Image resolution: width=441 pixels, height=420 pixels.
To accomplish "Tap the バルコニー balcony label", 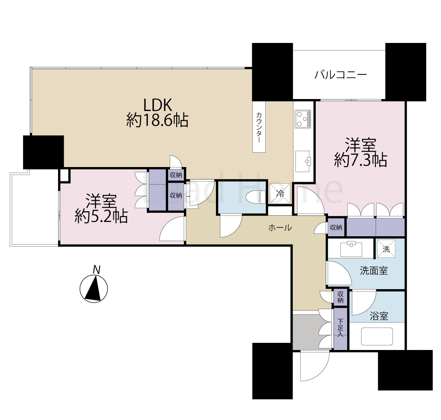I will pos(340,74).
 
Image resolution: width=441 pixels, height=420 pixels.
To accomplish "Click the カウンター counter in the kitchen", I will pos(259,126).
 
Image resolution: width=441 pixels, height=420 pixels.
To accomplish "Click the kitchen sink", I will pos(303,161).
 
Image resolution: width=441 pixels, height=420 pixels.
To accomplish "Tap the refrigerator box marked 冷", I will pos(280,194).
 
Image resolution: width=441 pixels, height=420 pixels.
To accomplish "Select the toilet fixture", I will pos(254,196).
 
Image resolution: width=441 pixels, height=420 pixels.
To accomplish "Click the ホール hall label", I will pos(280,228).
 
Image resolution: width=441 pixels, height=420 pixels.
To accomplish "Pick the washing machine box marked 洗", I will pos(386,248).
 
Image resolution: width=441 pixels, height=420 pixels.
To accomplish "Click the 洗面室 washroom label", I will pos(373,271).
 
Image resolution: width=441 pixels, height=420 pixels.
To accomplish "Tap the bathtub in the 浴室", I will pos(377,336).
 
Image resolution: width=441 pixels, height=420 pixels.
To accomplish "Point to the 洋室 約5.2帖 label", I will pos(101,208).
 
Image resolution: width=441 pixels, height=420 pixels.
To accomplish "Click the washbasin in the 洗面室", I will pos(351,249).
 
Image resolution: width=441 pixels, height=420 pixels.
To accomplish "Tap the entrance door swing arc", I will pos(314,366).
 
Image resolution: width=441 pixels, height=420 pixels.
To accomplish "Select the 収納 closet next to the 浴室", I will pos(340,297).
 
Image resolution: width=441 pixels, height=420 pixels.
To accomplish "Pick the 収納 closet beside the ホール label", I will pos(336,227).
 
